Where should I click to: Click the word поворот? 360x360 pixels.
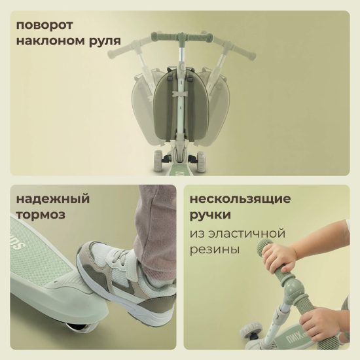(45, 25)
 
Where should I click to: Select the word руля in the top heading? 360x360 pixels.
(105, 42)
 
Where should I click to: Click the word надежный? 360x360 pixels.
(53, 199)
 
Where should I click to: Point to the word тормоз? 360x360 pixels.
(41, 215)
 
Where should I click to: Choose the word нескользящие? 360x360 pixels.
(240, 200)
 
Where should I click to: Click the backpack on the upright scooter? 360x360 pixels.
(181, 104)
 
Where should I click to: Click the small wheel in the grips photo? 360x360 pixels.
(251, 330)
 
